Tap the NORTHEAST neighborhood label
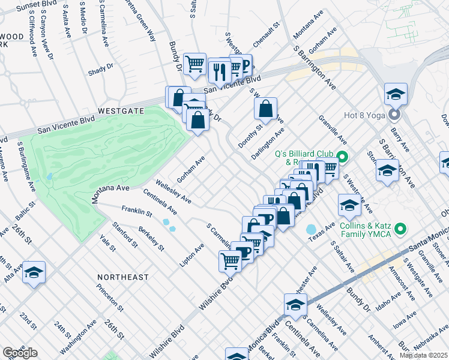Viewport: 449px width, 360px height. [125, 277]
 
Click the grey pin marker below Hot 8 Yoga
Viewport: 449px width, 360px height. [394, 113]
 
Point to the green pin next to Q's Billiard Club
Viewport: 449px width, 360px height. [342, 158]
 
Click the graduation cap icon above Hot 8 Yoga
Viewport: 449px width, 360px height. [396, 94]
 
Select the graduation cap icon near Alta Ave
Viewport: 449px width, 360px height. [34, 272]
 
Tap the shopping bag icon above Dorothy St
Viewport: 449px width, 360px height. [265, 109]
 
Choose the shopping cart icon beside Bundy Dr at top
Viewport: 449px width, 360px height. [194, 63]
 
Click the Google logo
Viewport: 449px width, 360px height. [20, 353]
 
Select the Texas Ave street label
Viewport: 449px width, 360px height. [322, 230]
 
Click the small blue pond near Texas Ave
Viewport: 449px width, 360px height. [310, 229]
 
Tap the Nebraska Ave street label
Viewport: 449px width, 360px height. [429, 334]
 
